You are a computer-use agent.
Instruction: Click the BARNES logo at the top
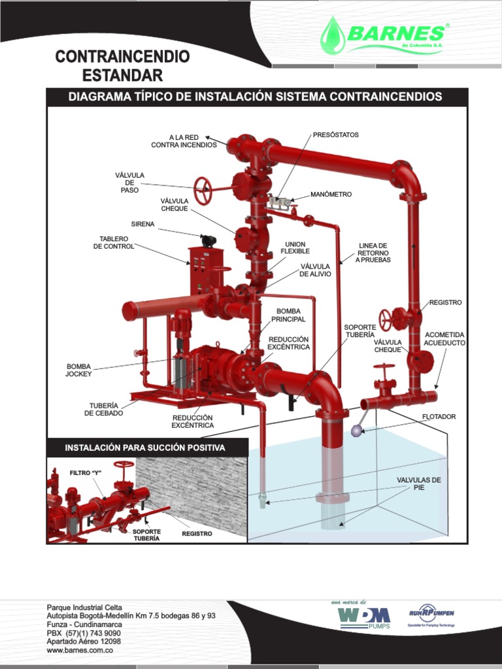pos(384,36)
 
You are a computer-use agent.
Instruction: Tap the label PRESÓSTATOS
pos(336,135)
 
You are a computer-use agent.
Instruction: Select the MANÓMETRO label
pos(331,195)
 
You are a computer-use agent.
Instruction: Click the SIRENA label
pos(142,224)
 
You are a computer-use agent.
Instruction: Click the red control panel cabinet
pos(205,270)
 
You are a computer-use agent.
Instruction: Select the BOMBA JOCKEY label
pos(78,370)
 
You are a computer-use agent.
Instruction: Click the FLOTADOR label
pos(439,416)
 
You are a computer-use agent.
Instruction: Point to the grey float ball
pos(357,431)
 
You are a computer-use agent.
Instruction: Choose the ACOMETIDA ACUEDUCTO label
pos(444,338)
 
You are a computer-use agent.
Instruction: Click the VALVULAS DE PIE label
pos(419,483)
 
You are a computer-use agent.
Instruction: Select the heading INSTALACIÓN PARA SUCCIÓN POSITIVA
pos(145,448)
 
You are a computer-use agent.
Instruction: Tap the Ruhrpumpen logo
pos(431,613)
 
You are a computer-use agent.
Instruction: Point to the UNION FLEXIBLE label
pos(295,248)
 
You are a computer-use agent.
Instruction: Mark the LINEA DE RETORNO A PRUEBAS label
pos(373,253)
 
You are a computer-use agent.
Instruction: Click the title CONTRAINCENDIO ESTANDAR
pos(122,65)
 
